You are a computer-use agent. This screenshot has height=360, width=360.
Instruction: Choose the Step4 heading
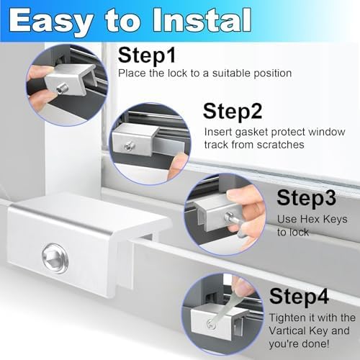point(301,295)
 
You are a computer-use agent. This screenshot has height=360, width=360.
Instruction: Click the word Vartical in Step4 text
point(296,332)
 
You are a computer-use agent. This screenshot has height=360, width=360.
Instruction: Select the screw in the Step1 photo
point(62,85)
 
